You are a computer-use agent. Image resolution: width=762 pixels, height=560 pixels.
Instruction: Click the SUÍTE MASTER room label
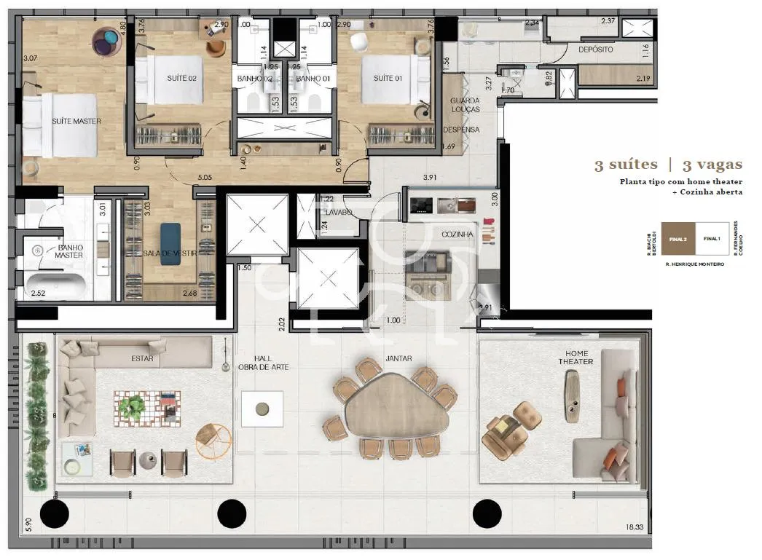(76, 121)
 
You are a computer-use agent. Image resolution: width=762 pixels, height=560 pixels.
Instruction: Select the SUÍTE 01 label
(388, 78)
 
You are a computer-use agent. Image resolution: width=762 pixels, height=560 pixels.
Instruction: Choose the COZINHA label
(457, 234)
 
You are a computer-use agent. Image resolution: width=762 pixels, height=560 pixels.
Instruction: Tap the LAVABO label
(339, 213)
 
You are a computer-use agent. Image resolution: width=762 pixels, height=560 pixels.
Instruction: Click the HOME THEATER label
(576, 357)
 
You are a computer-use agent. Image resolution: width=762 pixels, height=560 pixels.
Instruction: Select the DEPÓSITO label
(595, 50)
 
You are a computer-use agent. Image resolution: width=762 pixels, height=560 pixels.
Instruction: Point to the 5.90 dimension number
(28, 524)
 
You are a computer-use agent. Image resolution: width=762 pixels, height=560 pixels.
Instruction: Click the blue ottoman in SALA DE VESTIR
(170, 234)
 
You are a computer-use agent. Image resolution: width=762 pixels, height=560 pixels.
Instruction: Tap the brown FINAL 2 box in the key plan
(677, 239)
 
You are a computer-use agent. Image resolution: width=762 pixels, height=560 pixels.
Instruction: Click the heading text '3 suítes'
(625, 165)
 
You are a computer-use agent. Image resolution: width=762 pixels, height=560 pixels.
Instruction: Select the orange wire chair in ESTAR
(213, 439)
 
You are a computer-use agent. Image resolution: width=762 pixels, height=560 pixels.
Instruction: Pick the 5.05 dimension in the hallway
(205, 176)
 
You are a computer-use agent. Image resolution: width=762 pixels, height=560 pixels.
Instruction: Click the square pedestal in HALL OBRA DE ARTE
(262, 409)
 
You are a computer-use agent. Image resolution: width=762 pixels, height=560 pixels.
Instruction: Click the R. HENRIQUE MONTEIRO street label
(694, 264)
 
